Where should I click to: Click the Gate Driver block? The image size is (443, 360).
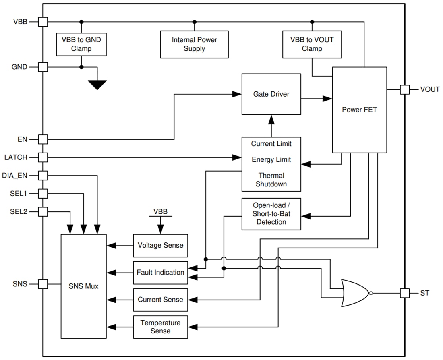coord(271,94)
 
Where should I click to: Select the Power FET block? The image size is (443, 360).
coord(359,110)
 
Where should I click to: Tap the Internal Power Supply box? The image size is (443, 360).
coord(194,44)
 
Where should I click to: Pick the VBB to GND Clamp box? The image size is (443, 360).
coord(81,44)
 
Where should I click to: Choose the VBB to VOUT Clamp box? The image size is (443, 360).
coord(312,44)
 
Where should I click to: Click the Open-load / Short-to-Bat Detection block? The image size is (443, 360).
coord(271,214)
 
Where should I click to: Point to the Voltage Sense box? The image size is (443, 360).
coord(160,245)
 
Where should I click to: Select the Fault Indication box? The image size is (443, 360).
coord(160,273)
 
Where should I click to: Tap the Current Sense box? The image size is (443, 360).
coord(160,300)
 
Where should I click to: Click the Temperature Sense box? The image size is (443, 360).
coord(160,327)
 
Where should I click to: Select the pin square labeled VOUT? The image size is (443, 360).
coord(404,89)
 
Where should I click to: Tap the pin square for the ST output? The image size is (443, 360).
coord(404,293)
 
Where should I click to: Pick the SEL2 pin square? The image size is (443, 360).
coord(43,211)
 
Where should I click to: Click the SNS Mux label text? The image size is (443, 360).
coord(83,286)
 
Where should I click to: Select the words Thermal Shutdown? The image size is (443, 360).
coord(271,180)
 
